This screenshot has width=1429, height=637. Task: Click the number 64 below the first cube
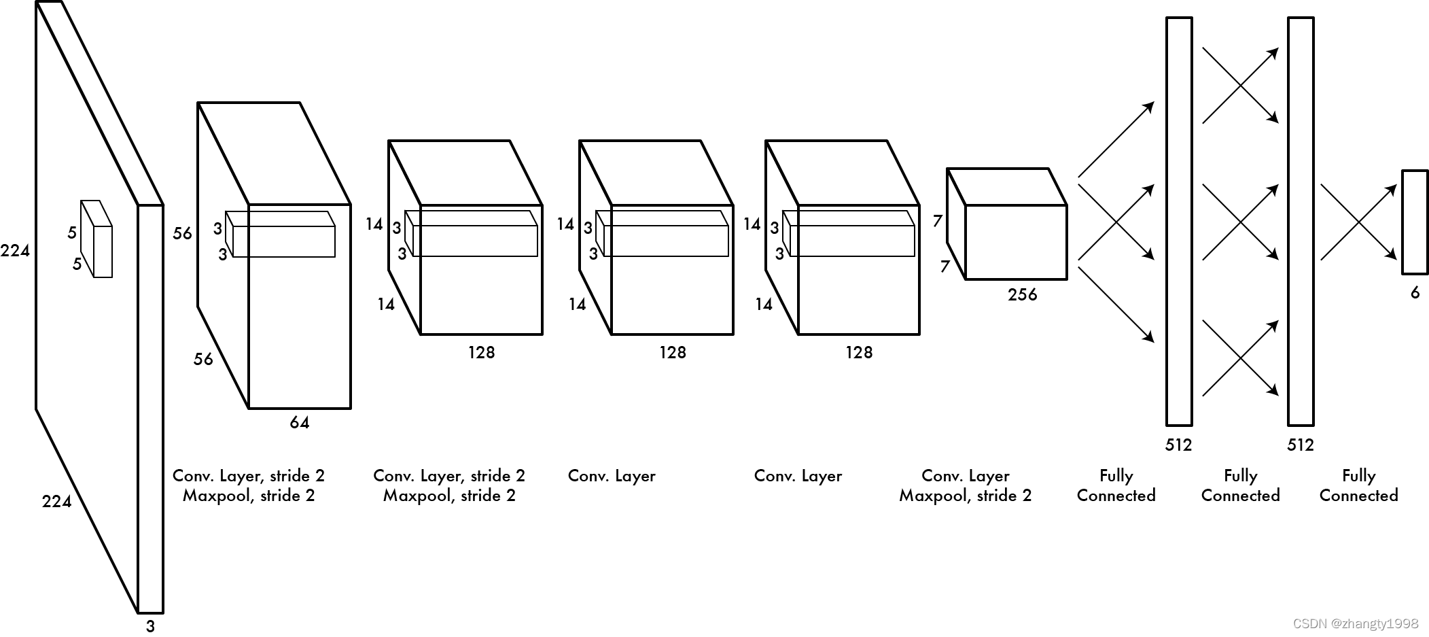(299, 423)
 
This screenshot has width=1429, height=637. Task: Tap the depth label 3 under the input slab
(151, 626)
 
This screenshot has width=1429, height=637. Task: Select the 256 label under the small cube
(1023, 295)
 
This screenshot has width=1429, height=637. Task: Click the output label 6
(1415, 293)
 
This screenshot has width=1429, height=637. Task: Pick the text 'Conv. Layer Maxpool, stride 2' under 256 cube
(965, 485)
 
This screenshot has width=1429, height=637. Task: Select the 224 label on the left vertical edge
(15, 252)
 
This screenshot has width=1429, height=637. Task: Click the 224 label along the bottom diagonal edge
(56, 502)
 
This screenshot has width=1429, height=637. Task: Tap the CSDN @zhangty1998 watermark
(1356, 624)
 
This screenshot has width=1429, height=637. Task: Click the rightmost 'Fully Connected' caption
(1358, 485)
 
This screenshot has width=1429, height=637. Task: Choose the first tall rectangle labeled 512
(1179, 222)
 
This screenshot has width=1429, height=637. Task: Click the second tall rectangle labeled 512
(1301, 222)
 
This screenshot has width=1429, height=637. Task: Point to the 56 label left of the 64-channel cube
(182, 234)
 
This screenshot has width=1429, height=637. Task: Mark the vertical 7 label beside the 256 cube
(938, 221)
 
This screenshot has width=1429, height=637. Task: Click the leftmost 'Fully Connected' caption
(1116, 485)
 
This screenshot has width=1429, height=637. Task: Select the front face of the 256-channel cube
(1016, 242)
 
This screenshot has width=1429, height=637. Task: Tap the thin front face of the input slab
(151, 408)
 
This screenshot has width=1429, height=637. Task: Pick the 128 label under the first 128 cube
(481, 353)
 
